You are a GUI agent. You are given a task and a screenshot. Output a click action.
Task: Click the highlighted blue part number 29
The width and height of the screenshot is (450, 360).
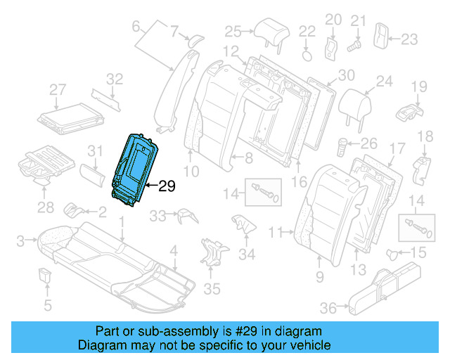point(136,169)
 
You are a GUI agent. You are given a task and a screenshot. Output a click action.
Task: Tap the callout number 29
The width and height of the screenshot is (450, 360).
point(167,186)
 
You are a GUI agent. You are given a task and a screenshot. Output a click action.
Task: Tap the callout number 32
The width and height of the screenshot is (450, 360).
point(114,79)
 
